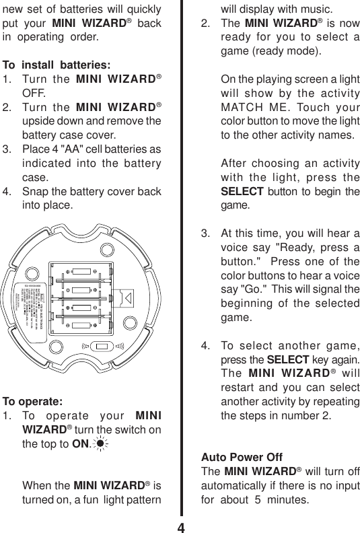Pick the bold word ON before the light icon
point(82,444)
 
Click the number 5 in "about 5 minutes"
point(277,500)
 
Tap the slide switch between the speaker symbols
point(102,347)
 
